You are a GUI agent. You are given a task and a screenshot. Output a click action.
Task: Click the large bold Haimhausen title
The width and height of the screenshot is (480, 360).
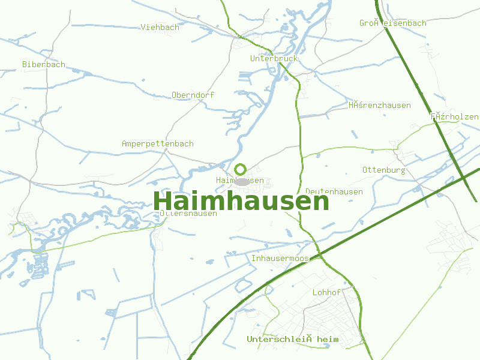241,201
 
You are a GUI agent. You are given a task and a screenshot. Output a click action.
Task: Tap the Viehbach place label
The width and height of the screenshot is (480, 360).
160,27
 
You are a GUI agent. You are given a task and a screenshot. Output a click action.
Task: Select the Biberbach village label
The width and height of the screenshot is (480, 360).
44,64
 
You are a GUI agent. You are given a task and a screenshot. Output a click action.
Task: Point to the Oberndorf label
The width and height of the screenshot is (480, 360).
193,95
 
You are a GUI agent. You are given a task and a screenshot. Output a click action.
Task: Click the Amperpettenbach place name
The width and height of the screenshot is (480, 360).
157,144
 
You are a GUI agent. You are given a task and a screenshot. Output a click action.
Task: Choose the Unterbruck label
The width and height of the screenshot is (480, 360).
274,59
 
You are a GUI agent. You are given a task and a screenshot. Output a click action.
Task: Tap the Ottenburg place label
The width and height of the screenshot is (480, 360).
383,170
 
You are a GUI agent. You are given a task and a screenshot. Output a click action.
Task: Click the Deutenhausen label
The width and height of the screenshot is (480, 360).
334,191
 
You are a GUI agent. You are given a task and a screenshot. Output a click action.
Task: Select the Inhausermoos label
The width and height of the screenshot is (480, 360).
280,259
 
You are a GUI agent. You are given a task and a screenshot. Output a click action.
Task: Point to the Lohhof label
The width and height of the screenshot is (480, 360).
326,292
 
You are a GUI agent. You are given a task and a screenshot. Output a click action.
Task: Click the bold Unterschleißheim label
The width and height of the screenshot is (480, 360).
292,340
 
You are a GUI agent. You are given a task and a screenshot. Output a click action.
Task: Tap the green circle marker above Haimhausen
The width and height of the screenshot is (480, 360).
241,169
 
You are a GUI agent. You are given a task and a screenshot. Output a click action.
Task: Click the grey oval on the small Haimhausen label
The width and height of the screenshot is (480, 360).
241,181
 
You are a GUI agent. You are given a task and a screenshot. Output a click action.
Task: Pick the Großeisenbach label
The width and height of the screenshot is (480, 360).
392,23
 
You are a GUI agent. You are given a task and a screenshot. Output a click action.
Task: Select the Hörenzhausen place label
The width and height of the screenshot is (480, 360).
379,105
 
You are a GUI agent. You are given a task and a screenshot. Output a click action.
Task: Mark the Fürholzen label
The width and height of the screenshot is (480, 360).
454,116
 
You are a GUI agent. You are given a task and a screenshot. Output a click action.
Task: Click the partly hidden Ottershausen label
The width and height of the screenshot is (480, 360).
188,214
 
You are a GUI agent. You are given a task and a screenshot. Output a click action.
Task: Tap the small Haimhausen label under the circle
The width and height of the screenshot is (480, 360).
240,180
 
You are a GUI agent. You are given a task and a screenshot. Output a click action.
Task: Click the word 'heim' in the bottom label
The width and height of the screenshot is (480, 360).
327,340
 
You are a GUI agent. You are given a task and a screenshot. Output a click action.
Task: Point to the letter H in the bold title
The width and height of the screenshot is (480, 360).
163,201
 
